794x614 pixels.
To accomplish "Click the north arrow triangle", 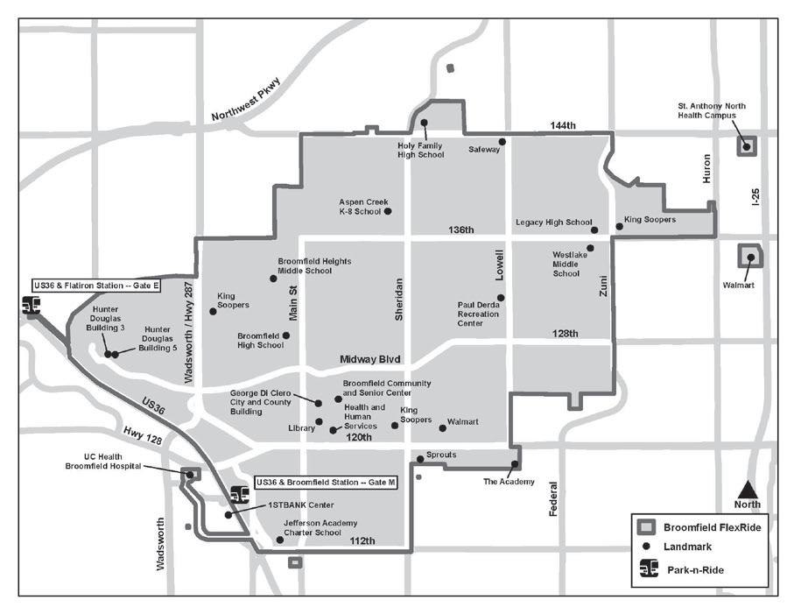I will [747, 489].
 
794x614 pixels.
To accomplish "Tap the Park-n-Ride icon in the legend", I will [649, 569].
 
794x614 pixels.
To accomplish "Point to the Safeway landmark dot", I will [502, 141].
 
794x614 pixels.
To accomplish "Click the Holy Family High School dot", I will [424, 124].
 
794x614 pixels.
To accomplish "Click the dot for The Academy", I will [515, 464].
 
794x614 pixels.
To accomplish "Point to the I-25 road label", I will [755, 195].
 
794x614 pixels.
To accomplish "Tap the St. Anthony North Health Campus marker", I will [747, 146].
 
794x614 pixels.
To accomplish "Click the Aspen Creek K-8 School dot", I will [387, 211].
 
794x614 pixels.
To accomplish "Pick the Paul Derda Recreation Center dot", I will [501, 298].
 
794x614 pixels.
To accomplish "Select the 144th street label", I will [563, 125].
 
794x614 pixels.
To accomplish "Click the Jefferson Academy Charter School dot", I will [280, 540].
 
